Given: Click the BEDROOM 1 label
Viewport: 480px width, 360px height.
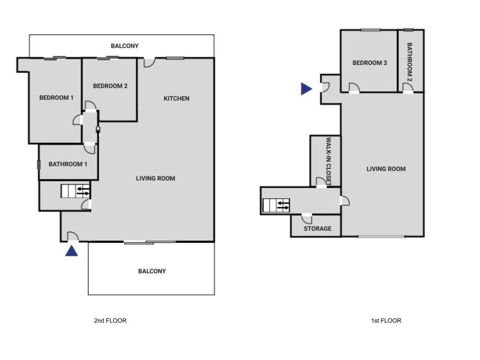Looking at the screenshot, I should tap(56, 98).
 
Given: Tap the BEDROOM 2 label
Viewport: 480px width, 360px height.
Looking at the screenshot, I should tap(110, 86).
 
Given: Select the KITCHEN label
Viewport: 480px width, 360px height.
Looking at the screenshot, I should tap(176, 98).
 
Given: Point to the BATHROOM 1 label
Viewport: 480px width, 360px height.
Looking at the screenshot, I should tap(68, 165).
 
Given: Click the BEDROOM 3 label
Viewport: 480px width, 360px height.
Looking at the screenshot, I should tap(369, 63).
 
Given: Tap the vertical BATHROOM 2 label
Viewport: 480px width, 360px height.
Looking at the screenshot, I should tap(409, 62).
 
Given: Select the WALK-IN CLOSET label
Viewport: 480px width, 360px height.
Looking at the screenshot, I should tap(329, 162).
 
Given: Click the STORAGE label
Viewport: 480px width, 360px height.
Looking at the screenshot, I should tap(317, 229).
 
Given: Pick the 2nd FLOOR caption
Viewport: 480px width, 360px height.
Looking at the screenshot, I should tap(110, 321).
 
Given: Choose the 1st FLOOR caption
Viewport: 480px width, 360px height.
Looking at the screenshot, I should tap(385, 321).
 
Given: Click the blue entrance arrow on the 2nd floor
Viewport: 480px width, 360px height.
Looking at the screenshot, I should tap(71, 251).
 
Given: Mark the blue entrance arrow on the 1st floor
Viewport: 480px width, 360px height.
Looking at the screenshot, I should tap(306, 89).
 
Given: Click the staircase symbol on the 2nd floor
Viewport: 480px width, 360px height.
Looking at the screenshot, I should tap(75, 191).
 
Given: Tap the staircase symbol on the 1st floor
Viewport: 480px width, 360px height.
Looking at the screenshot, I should tap(276, 205).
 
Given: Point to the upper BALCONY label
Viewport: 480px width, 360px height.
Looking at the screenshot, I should tap(125, 46).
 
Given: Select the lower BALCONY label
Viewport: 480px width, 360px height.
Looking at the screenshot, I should tap(152, 271).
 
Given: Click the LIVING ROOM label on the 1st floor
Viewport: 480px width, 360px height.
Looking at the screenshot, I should tap(386, 169).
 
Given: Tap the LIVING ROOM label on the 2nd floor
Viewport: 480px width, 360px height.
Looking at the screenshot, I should tap(156, 178).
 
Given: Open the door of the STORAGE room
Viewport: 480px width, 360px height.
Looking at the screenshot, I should tap(307, 218).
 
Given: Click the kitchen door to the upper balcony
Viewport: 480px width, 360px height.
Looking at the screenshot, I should tap(149, 62).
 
